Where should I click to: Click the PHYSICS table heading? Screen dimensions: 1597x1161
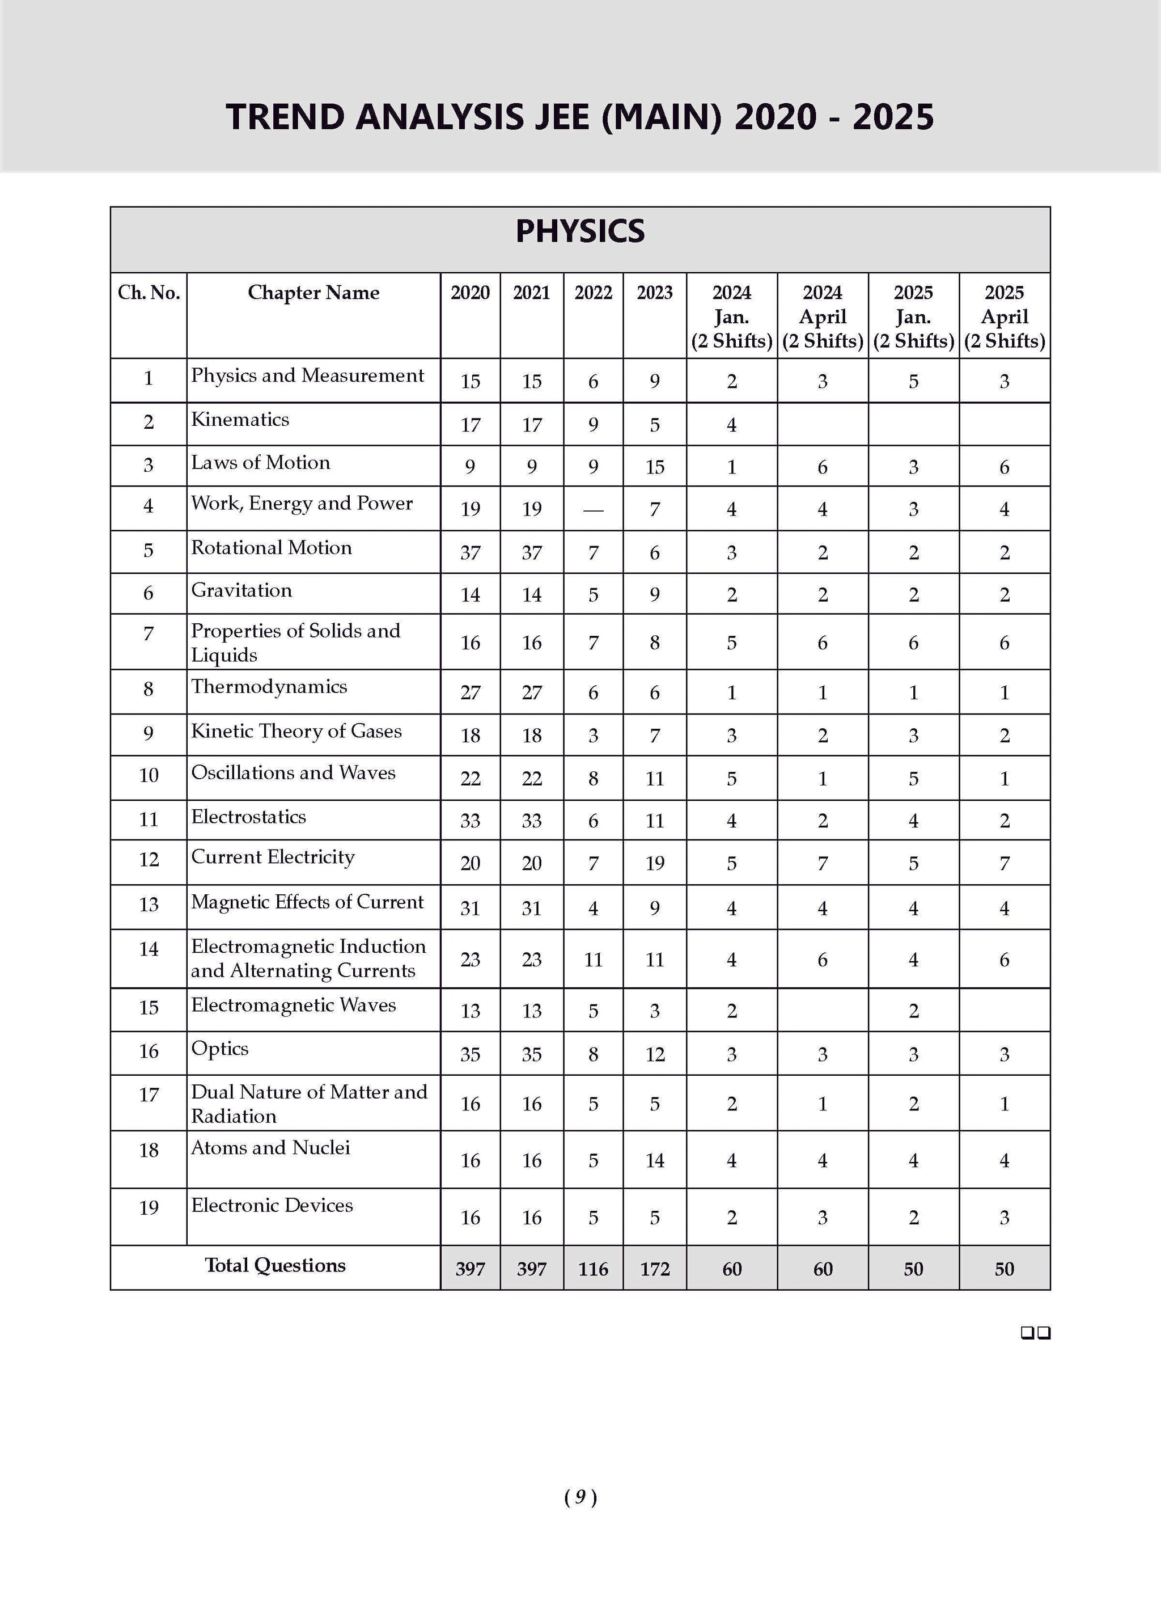click(579, 231)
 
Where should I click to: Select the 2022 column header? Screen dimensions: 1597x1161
click(593, 293)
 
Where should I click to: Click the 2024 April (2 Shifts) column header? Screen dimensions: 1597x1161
click(823, 316)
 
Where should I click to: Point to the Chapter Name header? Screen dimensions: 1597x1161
click(313, 293)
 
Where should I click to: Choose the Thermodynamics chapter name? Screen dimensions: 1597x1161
click(269, 687)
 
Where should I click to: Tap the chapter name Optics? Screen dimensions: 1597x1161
click(219, 1049)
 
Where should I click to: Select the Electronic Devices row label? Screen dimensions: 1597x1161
click(272, 1205)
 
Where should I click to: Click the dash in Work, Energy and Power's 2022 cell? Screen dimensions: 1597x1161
click(593, 510)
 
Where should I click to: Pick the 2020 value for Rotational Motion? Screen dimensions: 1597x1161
click(471, 553)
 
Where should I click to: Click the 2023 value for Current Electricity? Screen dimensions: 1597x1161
click(655, 863)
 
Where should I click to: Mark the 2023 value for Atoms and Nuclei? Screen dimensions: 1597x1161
click(655, 1160)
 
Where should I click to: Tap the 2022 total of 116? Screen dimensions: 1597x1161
click(593, 1269)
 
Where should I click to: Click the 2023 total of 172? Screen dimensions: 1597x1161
click(655, 1269)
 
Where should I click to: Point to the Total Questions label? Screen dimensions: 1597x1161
click(276, 1265)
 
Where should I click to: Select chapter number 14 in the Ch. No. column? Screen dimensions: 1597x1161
click(149, 949)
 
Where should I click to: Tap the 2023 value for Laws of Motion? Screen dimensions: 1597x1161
click(655, 467)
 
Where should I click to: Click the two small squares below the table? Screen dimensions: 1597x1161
click(1036, 1333)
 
